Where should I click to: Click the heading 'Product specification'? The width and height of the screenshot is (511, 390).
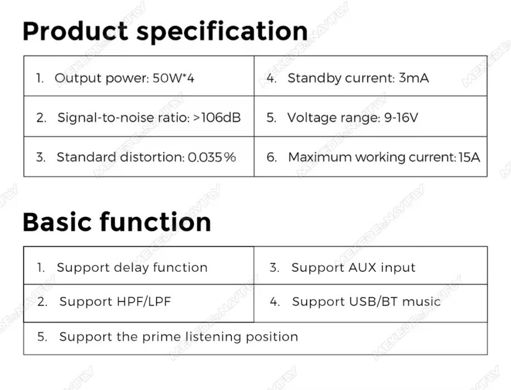166,32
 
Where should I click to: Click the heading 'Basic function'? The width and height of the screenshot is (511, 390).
117,222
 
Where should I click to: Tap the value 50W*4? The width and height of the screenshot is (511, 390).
173,78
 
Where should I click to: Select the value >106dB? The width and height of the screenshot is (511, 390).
217,118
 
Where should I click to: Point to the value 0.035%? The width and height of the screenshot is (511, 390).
212,157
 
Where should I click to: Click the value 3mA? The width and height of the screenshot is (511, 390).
413,78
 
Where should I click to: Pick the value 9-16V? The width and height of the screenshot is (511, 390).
401,118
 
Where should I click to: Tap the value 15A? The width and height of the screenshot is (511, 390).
469,157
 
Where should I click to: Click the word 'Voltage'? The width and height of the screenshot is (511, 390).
310,118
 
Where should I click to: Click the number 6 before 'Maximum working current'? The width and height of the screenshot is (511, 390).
271,157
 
